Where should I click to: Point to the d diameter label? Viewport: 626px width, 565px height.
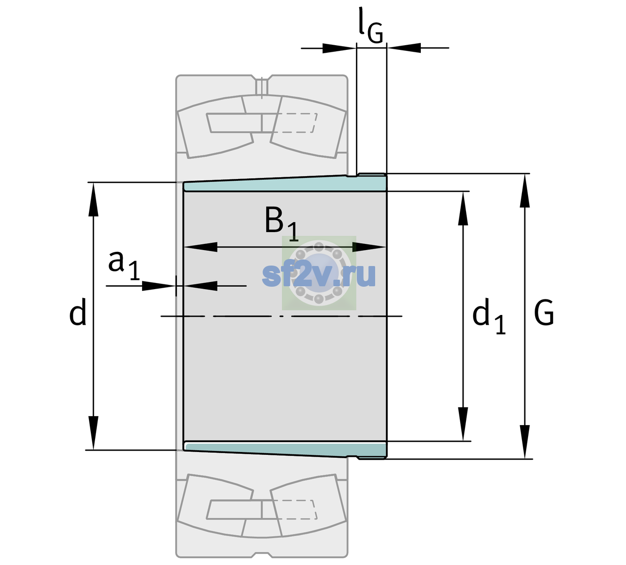click(x=78, y=312)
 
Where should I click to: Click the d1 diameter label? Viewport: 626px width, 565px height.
click(x=489, y=315)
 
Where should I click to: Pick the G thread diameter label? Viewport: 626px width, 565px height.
click(x=544, y=313)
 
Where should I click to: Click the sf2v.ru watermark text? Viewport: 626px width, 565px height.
click(x=319, y=275)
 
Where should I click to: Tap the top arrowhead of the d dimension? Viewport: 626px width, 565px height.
click(x=93, y=199)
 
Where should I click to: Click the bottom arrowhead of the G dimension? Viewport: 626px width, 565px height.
click(x=525, y=442)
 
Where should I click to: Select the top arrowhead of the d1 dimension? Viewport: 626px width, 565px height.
click(x=463, y=208)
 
